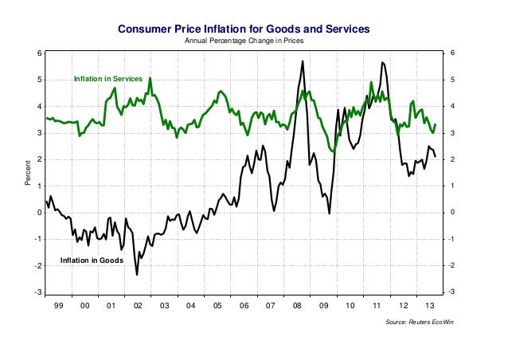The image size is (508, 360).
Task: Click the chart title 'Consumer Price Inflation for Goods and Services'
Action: click(244, 28)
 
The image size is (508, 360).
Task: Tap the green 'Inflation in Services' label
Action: click(107, 80)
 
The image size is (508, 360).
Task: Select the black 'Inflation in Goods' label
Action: click(92, 260)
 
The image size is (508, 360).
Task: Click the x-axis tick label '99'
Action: click(58, 305)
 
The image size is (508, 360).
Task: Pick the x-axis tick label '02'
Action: click(137, 305)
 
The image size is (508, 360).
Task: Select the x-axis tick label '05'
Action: click(217, 305)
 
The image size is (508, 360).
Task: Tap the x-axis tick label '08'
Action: click(297, 305)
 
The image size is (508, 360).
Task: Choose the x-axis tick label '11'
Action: click(377, 305)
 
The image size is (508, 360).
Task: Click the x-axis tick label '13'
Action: click(430, 305)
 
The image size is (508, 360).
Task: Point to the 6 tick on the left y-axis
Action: click(37, 53)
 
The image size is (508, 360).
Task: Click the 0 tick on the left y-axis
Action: click(37, 213)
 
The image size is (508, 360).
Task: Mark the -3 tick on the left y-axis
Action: click(37, 292)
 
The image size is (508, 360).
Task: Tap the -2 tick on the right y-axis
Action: click(451, 266)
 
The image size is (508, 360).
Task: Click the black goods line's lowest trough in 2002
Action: click(137, 275)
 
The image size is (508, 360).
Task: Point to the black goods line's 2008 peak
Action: click(303, 61)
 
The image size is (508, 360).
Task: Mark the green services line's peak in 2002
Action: click(150, 78)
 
